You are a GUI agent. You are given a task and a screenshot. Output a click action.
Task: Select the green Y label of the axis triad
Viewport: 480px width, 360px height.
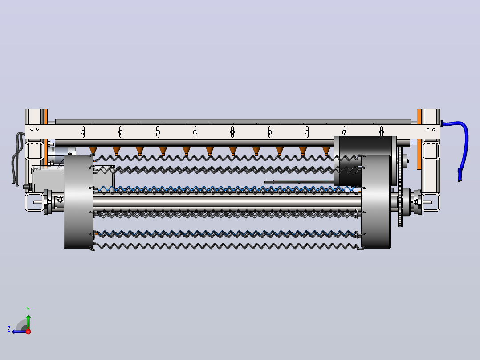[28, 310]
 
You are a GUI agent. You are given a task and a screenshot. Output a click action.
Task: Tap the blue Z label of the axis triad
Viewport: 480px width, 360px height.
[9, 329]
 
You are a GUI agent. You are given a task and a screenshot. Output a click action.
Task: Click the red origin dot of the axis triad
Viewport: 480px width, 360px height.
[28, 331]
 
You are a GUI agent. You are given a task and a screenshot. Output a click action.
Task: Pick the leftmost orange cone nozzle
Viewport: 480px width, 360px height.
[93, 151]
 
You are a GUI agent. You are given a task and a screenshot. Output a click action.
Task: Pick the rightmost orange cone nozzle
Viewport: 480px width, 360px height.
[326, 151]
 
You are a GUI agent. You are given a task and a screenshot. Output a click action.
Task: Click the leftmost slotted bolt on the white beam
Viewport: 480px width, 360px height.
[83, 132]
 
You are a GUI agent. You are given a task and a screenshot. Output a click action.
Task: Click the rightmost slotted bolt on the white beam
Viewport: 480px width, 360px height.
[382, 132]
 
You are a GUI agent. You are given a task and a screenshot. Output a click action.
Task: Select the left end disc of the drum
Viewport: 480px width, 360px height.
[78, 202]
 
